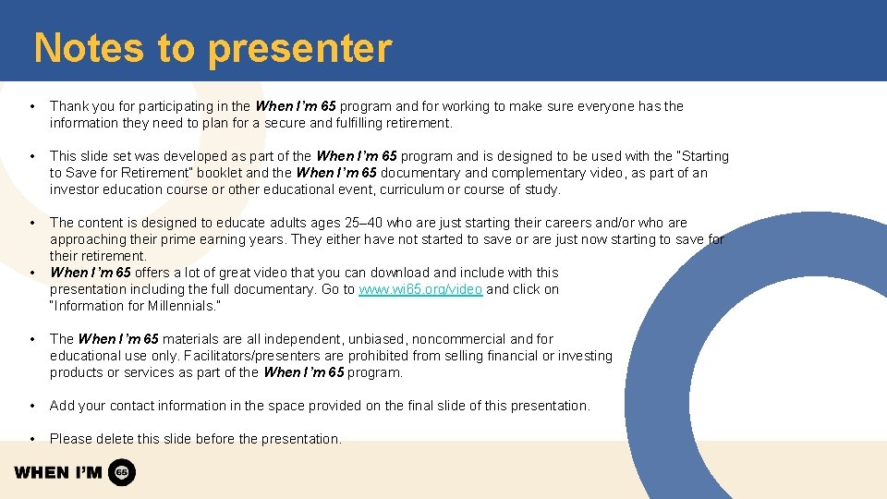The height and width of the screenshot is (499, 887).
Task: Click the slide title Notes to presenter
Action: [x=213, y=48]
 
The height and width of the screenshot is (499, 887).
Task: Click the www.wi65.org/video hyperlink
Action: [x=420, y=289]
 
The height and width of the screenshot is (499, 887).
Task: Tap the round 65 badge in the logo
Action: [x=122, y=472]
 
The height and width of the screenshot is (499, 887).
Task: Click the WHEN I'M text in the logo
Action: [x=57, y=473]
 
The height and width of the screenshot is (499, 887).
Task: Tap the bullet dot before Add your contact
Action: [x=32, y=406]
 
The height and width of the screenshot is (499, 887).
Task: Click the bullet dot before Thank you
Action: [x=32, y=106]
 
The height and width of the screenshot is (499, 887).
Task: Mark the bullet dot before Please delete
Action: [x=32, y=439]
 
